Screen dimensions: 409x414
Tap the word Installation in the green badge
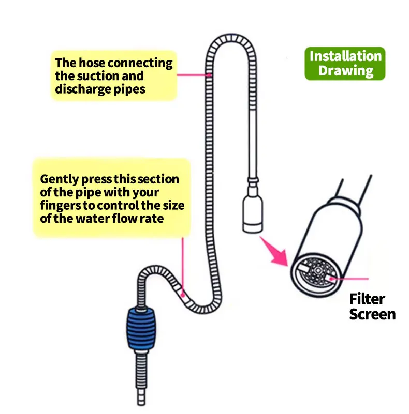[345, 56]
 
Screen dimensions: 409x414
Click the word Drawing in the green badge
[345, 70]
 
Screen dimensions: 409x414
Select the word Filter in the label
[367, 299]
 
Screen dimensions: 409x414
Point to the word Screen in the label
[372, 314]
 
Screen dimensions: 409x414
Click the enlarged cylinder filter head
[326, 243]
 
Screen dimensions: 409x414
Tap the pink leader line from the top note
[194, 75]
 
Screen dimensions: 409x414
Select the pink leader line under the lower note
[182, 264]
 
